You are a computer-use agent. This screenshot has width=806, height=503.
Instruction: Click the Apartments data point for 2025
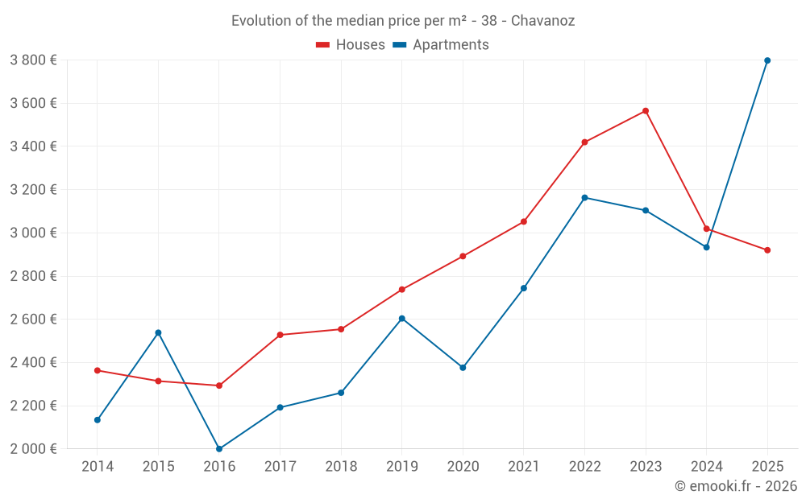tap(767, 60)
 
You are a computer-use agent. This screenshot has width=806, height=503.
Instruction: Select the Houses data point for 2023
tap(646, 111)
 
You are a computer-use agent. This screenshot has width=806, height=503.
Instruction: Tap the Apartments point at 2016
tap(219, 449)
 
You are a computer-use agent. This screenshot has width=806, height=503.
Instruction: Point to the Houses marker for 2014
tap(98, 370)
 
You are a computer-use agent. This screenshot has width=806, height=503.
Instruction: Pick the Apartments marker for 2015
tap(158, 332)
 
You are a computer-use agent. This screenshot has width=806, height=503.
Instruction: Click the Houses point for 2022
tap(584, 142)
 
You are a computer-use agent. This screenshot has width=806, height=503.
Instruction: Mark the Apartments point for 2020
tap(463, 368)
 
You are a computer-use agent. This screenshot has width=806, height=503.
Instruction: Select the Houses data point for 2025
tap(767, 250)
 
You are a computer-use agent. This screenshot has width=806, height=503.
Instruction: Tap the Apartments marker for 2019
tap(402, 319)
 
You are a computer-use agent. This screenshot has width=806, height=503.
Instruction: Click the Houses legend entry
tap(351, 45)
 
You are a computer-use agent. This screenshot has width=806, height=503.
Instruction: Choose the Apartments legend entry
tap(441, 45)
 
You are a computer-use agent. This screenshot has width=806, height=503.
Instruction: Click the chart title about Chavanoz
tap(403, 21)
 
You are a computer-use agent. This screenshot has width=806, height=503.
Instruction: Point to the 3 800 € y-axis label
tap(33, 60)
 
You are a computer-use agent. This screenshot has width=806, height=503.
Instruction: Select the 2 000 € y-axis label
tap(33, 449)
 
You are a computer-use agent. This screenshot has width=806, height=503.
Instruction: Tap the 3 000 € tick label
tap(33, 233)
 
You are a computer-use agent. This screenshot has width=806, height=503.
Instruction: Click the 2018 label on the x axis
tap(341, 467)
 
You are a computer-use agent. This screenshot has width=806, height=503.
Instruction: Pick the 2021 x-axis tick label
tap(524, 467)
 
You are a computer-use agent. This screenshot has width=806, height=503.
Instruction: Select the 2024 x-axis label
tap(706, 467)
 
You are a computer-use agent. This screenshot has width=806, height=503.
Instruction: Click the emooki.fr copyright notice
tap(735, 486)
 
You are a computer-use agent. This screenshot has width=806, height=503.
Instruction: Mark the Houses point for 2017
tap(280, 335)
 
